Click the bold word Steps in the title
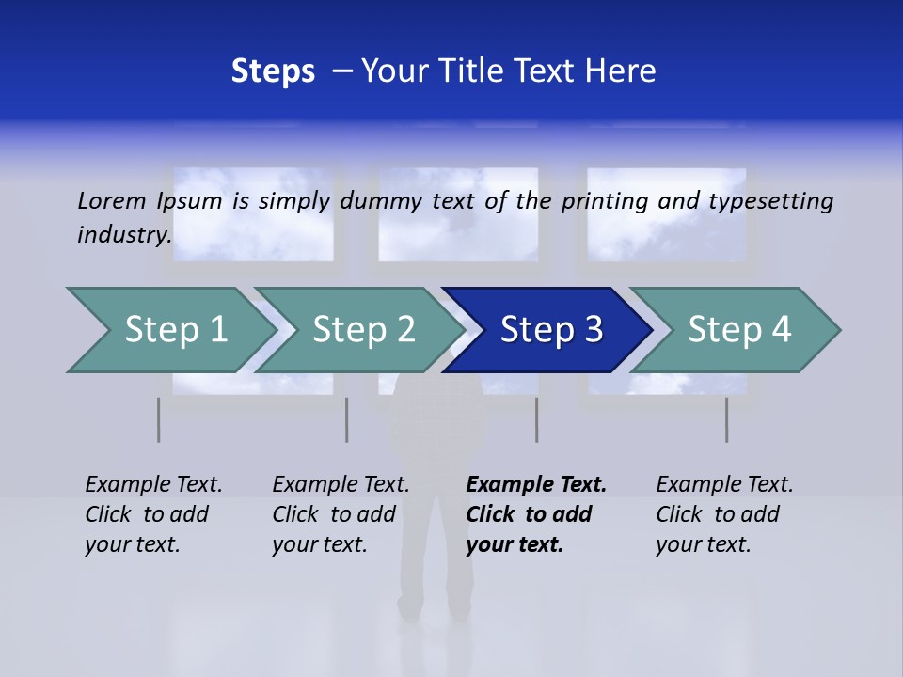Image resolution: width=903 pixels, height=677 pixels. tap(273, 71)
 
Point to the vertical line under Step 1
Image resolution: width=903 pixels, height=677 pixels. tap(159, 419)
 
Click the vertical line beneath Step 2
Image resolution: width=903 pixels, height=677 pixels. tap(347, 419)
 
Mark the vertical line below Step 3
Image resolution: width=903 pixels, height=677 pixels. tap(537, 419)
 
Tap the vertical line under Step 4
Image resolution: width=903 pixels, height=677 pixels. tap(727, 419)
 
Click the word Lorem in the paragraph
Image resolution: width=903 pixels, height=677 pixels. tap(112, 200)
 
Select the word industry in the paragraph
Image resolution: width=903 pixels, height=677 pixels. tap(124, 235)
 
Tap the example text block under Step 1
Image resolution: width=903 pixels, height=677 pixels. tap(153, 514)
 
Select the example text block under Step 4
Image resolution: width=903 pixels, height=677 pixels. tap(724, 514)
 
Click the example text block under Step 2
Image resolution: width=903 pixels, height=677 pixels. tap(341, 514)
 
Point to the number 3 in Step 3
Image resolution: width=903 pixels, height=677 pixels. tap(593, 330)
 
